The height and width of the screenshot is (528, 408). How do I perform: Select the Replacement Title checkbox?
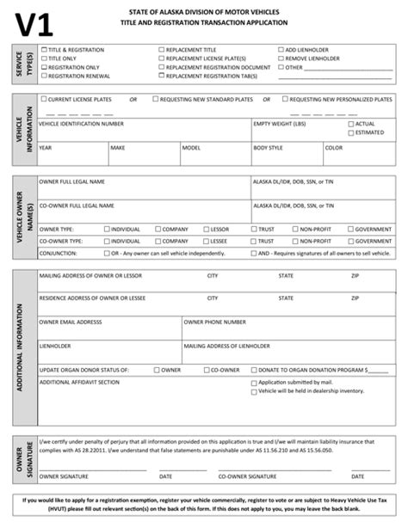tap(161, 50)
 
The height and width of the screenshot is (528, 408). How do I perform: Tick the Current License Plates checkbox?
tap(44, 100)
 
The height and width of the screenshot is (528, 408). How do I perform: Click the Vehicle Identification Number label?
tap(81, 123)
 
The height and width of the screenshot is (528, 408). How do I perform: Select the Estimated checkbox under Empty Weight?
tap(349, 132)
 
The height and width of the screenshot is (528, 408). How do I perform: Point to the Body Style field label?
tap(269, 147)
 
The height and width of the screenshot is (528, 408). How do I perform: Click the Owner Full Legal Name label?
tap(72, 182)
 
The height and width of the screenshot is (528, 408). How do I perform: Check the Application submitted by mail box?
tap(254, 381)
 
